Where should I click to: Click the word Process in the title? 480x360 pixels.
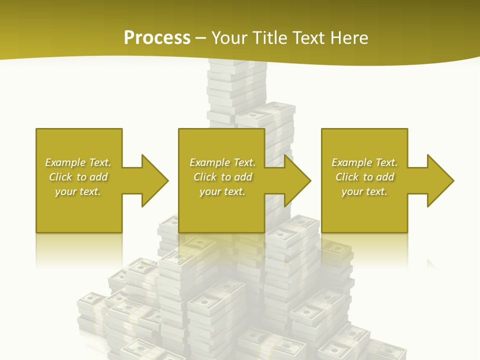point(157,38)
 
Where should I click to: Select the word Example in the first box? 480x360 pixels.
point(65,162)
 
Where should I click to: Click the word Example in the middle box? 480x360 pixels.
point(209,162)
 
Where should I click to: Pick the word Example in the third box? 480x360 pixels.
point(351,162)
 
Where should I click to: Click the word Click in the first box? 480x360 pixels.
point(60,177)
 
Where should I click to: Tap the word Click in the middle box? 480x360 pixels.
point(205,177)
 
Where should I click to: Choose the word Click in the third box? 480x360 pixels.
point(347,177)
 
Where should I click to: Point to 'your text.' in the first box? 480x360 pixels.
point(78,191)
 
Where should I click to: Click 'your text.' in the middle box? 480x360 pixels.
point(222,191)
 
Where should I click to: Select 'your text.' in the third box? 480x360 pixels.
point(364,191)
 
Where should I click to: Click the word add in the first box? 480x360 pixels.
point(98,177)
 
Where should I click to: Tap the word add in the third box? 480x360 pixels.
point(385,177)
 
